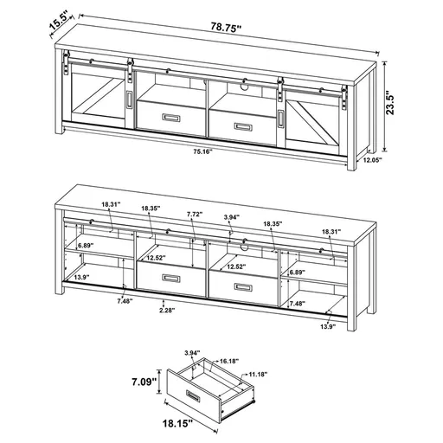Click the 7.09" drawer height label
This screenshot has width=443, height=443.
[144, 381]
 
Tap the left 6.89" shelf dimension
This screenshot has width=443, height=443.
[84, 247]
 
